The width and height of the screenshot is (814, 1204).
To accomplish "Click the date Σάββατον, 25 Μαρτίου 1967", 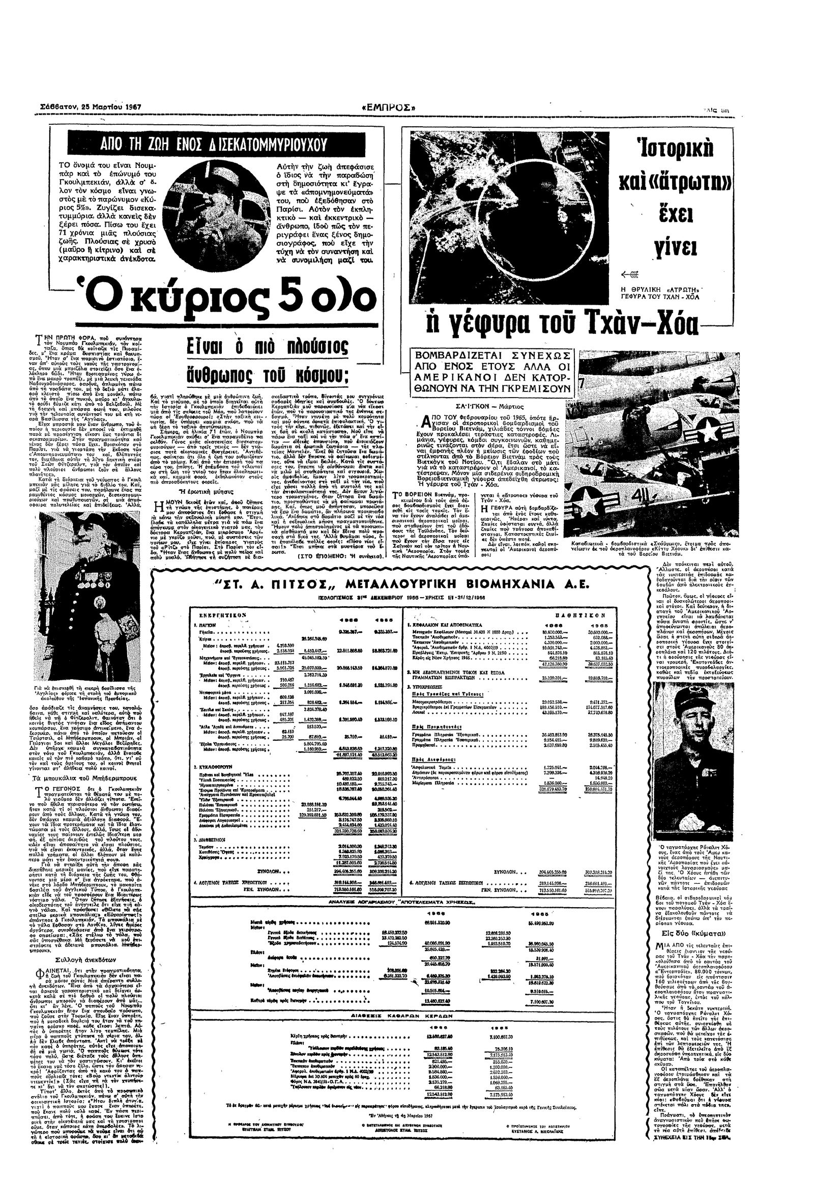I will tap(91, 107).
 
